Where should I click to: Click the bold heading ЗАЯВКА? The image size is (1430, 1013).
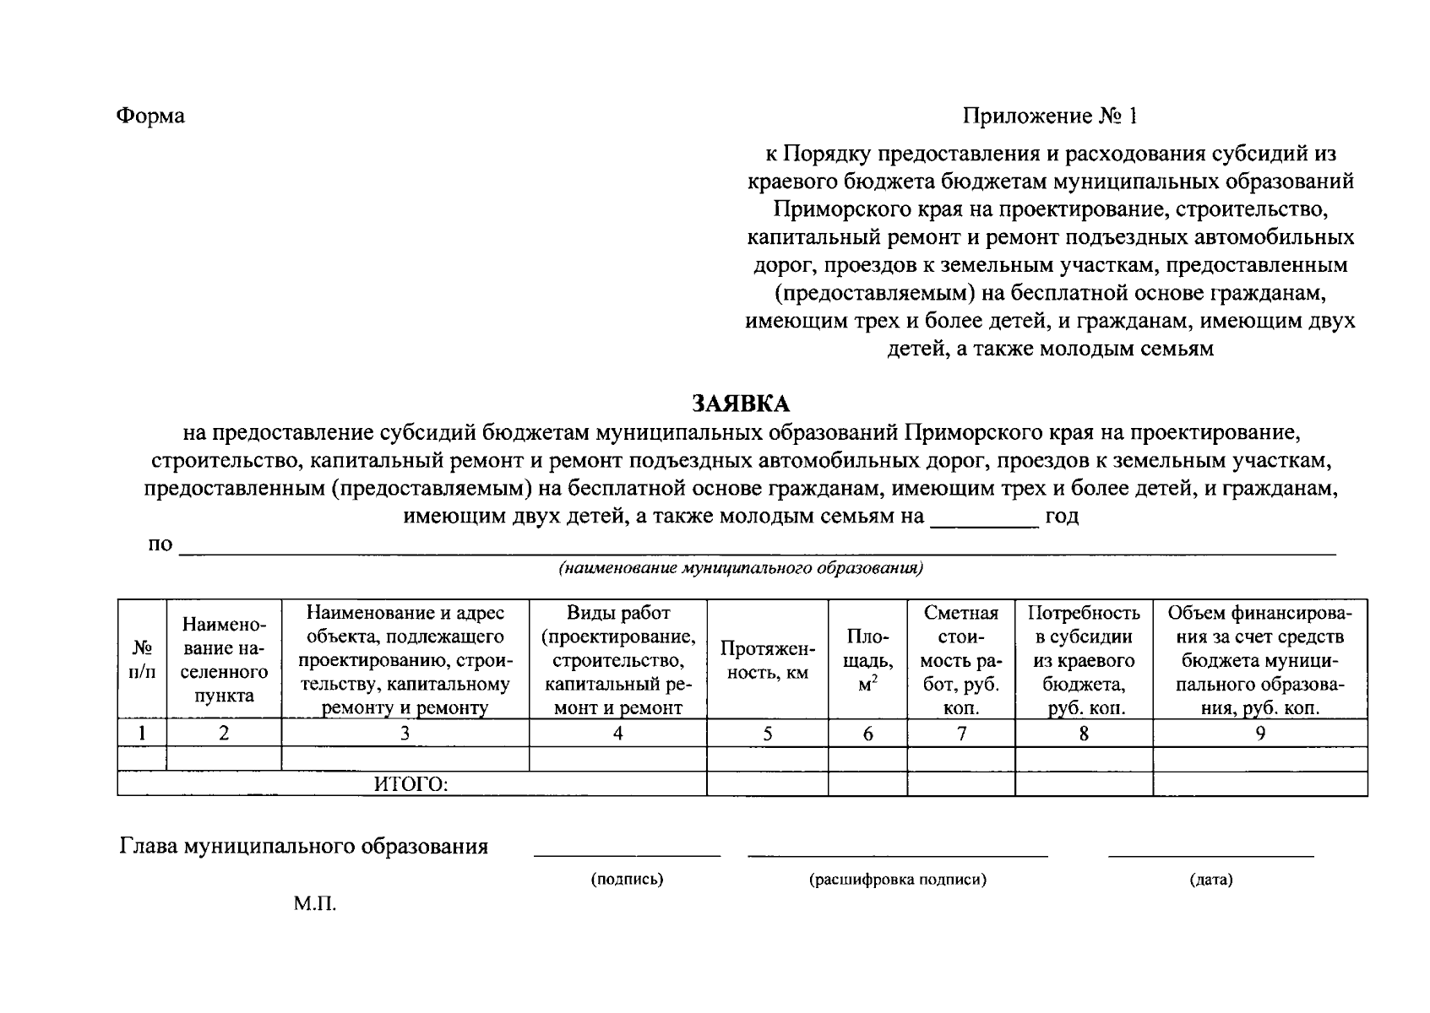click(x=741, y=403)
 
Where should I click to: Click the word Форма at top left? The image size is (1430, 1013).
click(x=150, y=116)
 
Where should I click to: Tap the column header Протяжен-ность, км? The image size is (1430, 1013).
click(x=767, y=660)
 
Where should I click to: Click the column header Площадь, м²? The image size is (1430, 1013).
click(x=867, y=660)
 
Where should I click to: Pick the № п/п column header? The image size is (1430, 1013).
click(x=142, y=660)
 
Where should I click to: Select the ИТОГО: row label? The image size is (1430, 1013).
click(x=411, y=785)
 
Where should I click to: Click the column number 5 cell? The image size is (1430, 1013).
click(x=767, y=734)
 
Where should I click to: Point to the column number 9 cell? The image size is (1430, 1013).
click(x=1259, y=734)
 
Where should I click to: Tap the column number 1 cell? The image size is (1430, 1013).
click(x=142, y=734)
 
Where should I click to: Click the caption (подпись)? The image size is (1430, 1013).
click(x=627, y=880)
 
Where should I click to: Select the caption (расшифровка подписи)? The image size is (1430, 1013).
click(x=898, y=880)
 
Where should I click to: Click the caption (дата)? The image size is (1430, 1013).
click(x=1210, y=880)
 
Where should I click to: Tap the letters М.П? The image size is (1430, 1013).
click(x=315, y=905)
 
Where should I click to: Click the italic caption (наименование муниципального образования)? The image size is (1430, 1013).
click(x=741, y=568)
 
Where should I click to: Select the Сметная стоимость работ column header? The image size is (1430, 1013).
click(x=960, y=660)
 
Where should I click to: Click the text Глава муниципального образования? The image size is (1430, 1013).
click(x=304, y=847)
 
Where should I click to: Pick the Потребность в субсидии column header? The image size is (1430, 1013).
click(x=1084, y=660)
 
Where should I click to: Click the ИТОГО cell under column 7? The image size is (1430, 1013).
click(x=960, y=785)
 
